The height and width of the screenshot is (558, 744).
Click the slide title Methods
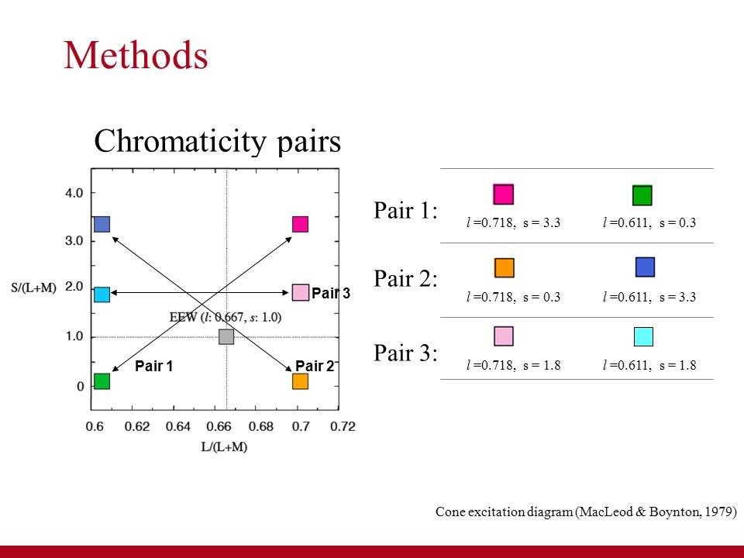(x=136, y=56)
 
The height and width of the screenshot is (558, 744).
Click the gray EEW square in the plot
(x=226, y=336)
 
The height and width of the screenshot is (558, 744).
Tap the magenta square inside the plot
(x=301, y=224)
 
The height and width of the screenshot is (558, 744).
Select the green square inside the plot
(x=102, y=381)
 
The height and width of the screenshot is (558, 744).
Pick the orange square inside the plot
(x=301, y=381)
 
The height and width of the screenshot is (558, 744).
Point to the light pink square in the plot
(x=301, y=292)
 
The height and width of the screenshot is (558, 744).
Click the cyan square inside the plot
(x=102, y=294)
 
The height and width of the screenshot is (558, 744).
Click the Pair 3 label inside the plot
(x=331, y=293)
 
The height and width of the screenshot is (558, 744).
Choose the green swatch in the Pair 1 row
(x=642, y=195)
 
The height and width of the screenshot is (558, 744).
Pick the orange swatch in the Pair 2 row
(x=505, y=267)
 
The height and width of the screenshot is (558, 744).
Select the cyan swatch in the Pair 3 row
(x=643, y=336)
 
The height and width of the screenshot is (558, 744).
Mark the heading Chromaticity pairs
(x=217, y=141)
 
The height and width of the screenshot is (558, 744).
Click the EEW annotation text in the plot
(x=226, y=316)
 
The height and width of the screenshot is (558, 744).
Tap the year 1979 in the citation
(x=718, y=511)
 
